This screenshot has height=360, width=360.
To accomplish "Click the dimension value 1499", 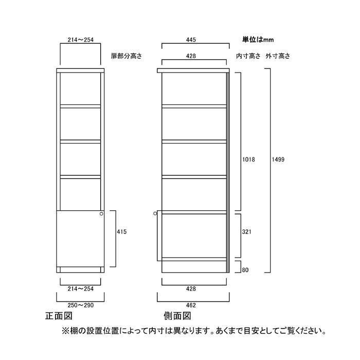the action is pos(278,159).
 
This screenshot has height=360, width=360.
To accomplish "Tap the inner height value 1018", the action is pos(248,159).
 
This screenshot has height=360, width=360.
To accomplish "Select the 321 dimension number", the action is pos(246,231).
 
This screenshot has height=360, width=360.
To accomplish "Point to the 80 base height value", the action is pos(245,270).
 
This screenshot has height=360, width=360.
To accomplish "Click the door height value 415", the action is pos(122,231).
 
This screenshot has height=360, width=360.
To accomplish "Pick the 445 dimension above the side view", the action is pos(191,40).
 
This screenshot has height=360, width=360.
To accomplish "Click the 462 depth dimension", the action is pos(191,305).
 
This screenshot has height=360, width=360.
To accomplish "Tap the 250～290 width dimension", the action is pos(81,305).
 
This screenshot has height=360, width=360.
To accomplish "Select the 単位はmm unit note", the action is pos(258,40).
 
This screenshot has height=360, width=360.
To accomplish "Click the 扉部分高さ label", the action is pos(127,56).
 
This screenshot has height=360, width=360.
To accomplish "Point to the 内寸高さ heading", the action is pos(248,56).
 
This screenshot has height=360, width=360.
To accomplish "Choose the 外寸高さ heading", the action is pos(278,56).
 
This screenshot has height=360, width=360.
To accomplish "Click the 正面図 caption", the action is pos(59,316).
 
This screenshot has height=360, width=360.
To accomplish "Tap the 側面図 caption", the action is pos(177,316).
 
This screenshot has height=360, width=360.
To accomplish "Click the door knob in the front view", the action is pos(101,214).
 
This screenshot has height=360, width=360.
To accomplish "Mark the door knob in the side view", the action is pos(155,213).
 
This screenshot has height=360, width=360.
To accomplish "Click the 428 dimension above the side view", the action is pos(191,56).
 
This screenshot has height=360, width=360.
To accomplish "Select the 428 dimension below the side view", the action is pos(191,289).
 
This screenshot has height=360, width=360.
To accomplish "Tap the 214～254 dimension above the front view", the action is pos(81,40).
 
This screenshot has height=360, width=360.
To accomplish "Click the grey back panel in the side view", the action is pos(228,173).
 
